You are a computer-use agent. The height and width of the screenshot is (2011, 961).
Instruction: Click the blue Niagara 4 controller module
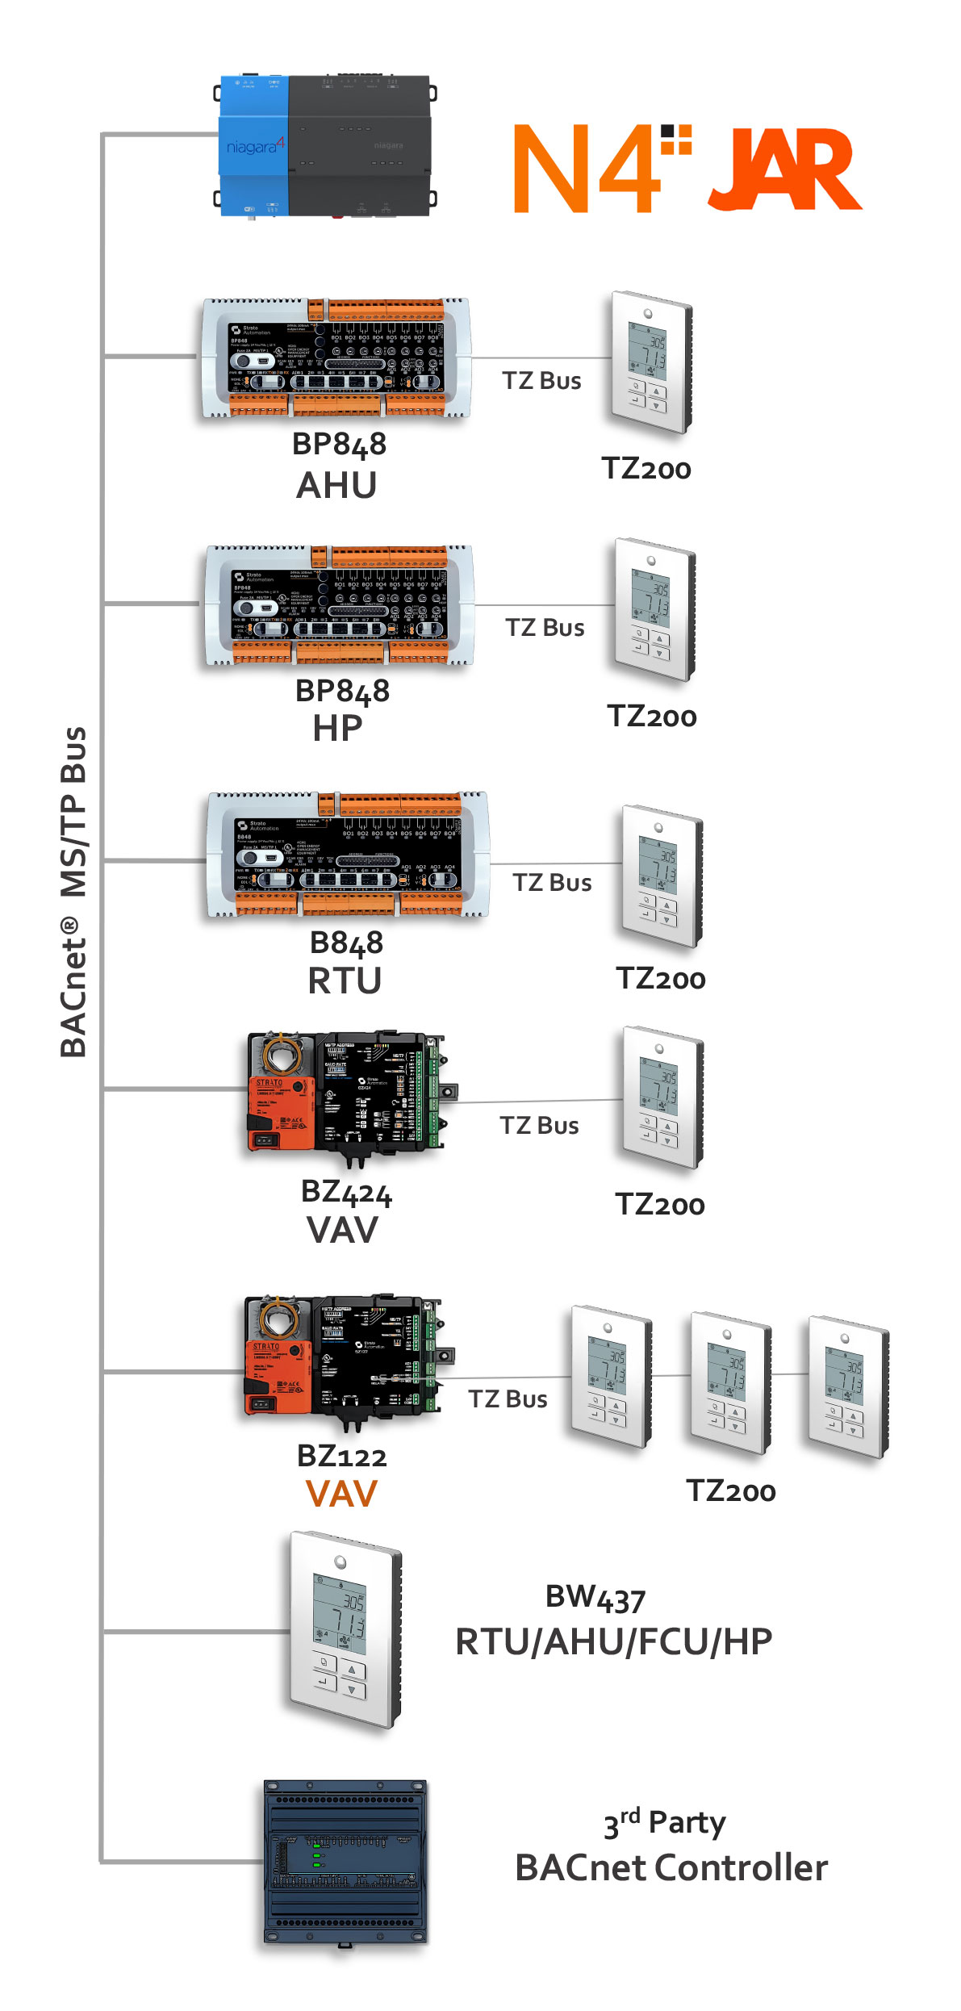coord(253,147)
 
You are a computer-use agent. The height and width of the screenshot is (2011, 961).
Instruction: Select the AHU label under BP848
coord(336,486)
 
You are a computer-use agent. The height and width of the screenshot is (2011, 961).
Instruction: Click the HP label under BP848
coord(337,730)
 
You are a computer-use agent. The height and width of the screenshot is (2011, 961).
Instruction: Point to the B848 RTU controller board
coord(347,856)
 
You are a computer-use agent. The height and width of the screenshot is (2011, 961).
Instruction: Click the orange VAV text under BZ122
coord(341,1494)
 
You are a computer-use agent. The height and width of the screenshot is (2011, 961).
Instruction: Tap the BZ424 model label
coord(346,1192)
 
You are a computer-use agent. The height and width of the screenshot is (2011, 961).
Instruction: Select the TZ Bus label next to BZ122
coord(508,1399)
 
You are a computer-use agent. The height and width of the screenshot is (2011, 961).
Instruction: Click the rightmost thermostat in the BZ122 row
coord(848,1386)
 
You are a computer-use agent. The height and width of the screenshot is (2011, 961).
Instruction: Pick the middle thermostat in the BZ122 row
coord(730,1382)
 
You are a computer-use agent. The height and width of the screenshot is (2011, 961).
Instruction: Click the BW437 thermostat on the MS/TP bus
coord(345,1630)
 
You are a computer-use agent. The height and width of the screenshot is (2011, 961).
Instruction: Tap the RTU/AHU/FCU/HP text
coord(613,1641)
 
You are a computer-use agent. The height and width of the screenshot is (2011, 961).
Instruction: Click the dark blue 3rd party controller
coord(345,1863)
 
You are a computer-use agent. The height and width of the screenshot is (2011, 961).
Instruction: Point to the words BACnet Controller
coord(671,1868)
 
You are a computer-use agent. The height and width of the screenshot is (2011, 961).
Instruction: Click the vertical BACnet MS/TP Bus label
coord(73,892)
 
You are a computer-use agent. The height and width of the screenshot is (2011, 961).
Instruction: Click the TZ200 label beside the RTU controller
coord(661,979)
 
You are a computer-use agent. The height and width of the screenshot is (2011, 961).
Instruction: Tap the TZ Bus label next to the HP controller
coord(545,628)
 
